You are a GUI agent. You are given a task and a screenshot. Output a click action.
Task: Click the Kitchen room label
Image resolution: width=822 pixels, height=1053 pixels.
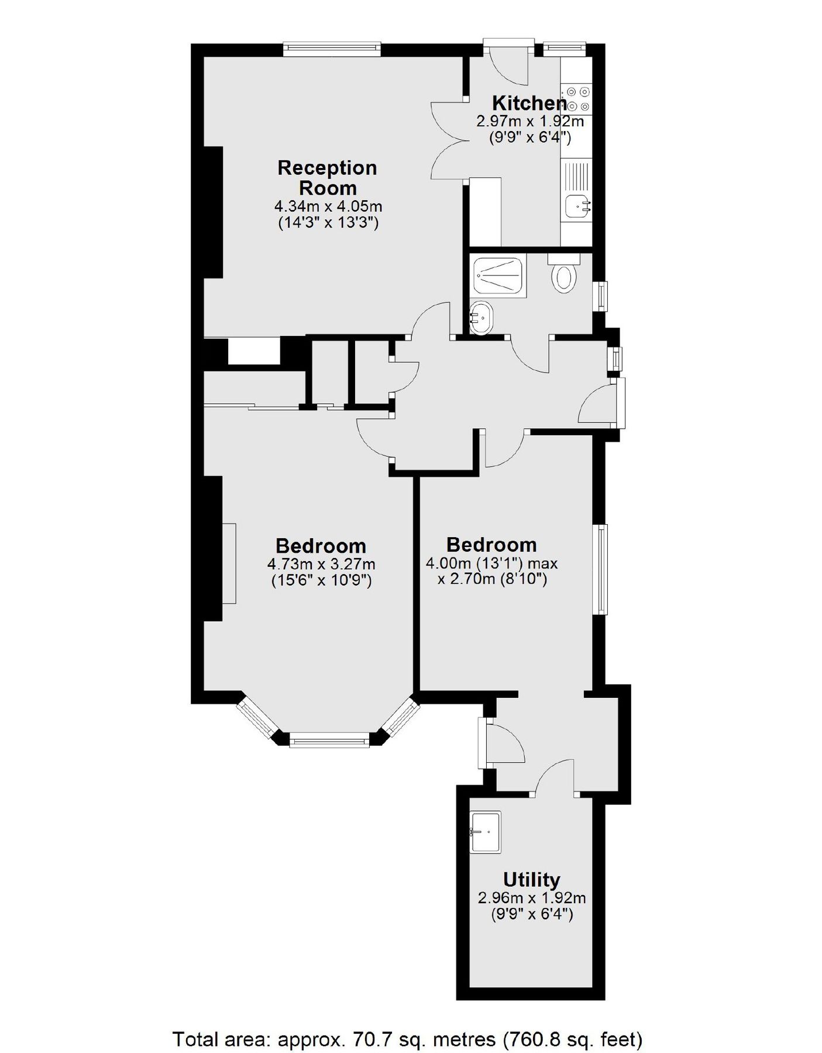click(x=529, y=104)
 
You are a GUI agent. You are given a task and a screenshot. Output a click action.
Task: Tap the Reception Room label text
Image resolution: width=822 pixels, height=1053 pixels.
click(x=327, y=178)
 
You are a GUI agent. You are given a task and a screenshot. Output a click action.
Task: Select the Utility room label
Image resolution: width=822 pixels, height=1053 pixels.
click(x=531, y=879)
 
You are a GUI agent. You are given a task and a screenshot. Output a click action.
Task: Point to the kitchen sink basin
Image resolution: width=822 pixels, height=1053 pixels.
click(x=578, y=206)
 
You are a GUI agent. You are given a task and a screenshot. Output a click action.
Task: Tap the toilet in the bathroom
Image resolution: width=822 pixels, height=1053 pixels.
click(x=565, y=278)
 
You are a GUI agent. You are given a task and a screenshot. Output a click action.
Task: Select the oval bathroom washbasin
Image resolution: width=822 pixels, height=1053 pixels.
click(x=481, y=318)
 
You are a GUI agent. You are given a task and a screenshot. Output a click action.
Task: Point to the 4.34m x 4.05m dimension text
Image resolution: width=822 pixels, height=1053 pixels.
click(x=328, y=207)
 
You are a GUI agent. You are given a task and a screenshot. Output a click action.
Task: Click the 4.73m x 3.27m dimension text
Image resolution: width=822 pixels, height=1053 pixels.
click(x=321, y=565)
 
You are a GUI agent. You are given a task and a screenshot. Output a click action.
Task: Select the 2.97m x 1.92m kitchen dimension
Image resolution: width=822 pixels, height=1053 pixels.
click(x=530, y=122)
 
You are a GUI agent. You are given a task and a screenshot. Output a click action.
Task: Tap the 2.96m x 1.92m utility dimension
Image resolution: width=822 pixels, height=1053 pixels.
click(x=532, y=897)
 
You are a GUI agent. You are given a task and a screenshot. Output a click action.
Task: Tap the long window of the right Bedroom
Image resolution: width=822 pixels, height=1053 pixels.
click(x=601, y=569)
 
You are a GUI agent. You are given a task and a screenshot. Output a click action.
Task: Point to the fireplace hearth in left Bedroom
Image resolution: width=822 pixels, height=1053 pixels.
click(x=229, y=563)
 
